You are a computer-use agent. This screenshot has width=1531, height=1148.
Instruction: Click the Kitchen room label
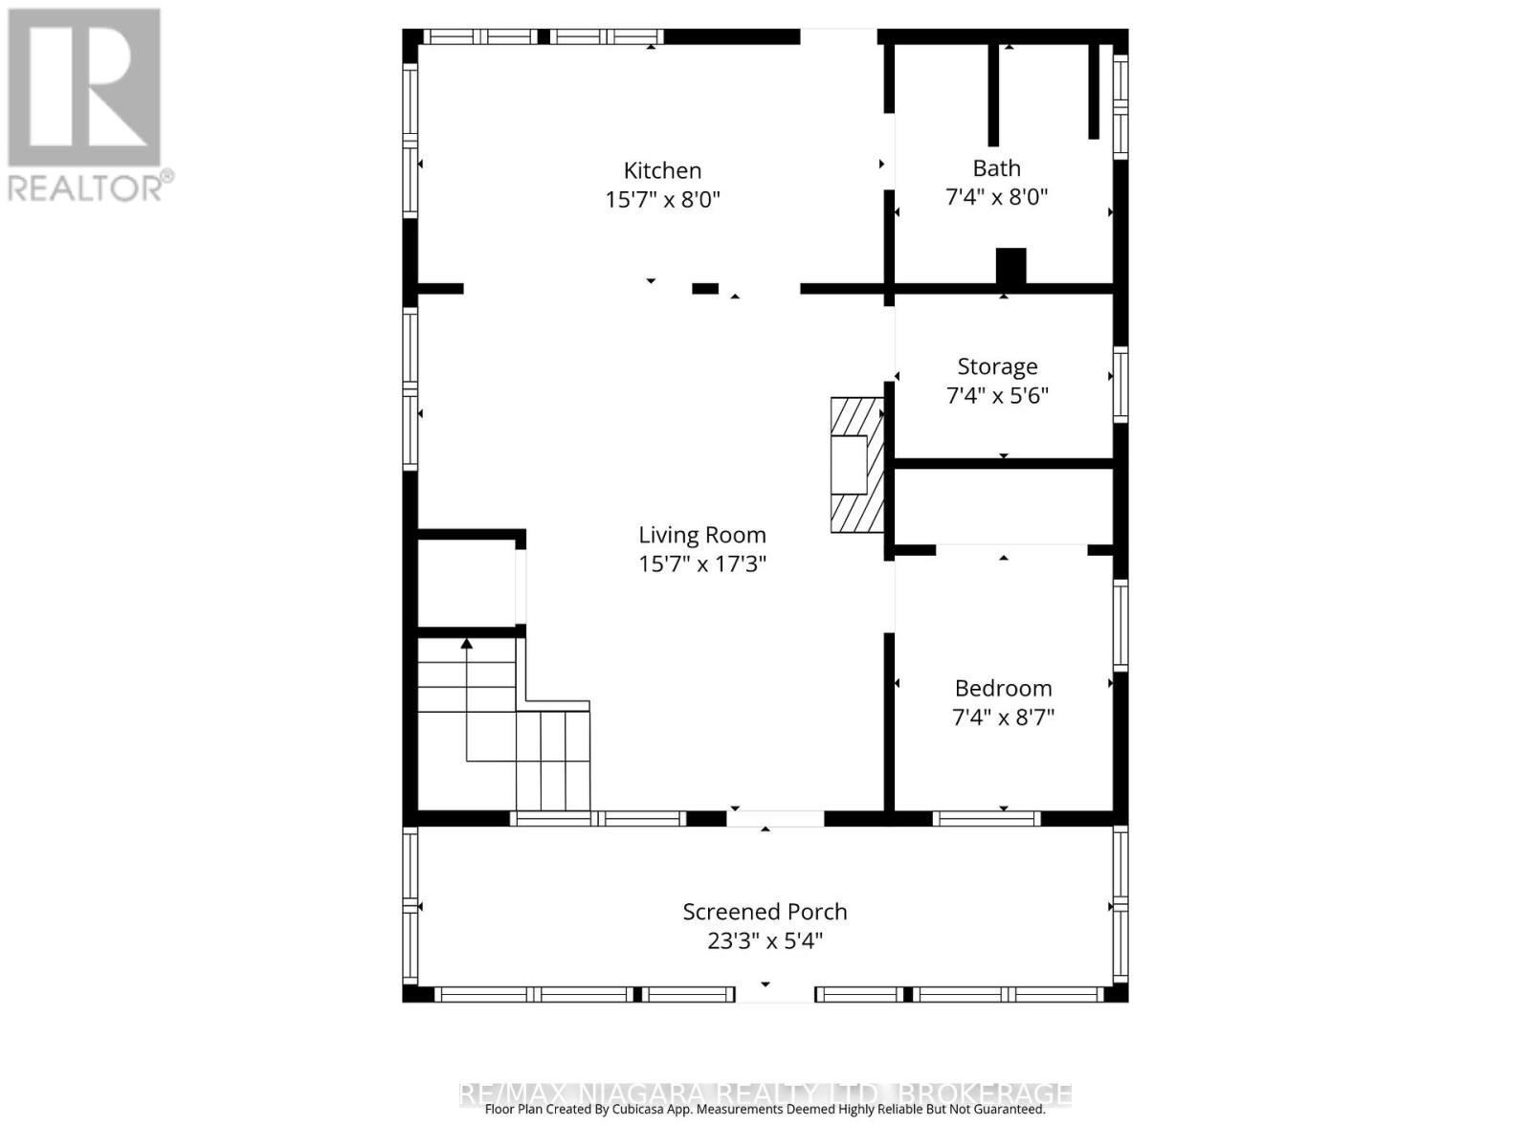click(662, 170)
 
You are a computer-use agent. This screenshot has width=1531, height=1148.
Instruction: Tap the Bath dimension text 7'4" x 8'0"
click(996, 197)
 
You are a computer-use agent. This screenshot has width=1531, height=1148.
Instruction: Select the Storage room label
click(997, 366)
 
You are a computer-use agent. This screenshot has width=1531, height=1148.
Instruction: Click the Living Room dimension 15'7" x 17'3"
click(702, 563)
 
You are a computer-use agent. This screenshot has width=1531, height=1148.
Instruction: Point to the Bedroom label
click(1003, 688)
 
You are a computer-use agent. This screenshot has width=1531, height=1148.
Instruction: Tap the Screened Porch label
click(765, 912)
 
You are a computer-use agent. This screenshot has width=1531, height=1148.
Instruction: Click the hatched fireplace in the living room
click(855, 465)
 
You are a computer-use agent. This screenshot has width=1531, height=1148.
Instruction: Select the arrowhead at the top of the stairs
click(467, 644)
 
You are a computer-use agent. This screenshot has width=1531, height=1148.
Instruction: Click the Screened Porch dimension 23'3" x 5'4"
click(765, 941)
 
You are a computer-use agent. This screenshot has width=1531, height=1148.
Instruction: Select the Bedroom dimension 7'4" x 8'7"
click(1003, 717)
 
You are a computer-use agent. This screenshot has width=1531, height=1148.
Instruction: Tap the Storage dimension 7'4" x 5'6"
click(997, 395)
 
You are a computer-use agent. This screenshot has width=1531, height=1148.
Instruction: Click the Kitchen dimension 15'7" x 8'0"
click(662, 200)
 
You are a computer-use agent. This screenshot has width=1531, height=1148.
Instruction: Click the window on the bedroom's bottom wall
click(986, 819)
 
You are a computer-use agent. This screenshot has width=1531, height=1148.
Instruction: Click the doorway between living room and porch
click(775, 819)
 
